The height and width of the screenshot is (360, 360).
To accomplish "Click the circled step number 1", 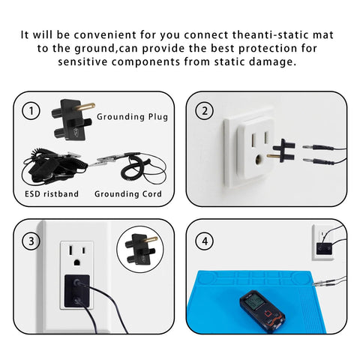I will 30,112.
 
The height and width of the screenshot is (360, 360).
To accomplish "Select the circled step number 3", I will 30,241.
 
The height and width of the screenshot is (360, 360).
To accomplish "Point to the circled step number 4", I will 205,241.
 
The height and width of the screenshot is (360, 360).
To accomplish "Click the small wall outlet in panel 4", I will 325,244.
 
